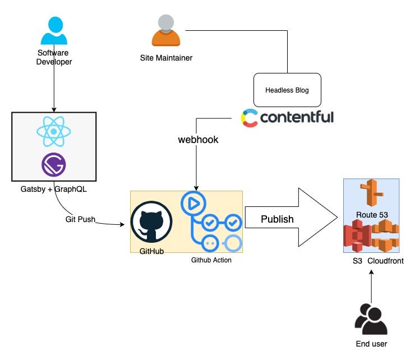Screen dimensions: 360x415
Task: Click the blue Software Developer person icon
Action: coord(54,31)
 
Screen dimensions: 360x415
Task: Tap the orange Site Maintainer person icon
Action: coord(166,30)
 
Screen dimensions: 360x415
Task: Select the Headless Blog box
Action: coord(287,90)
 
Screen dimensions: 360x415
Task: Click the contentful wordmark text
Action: coord(297,117)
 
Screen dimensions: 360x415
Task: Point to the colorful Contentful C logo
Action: coord(250,118)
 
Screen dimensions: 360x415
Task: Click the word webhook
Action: coord(198,140)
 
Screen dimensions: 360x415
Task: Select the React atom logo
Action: coord(53,132)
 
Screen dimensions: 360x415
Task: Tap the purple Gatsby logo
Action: coord(54,165)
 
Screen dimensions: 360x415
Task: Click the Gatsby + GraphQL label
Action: coord(54,189)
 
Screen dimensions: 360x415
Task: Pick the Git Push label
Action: coord(80,219)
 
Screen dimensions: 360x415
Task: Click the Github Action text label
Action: coord(211,260)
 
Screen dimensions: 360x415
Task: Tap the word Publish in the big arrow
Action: coord(277,219)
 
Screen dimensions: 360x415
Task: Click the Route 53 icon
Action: coord(370,195)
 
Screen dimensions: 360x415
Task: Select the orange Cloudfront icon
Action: coord(384,236)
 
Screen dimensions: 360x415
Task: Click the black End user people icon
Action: coord(371,319)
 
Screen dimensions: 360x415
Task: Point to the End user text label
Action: coord(371,344)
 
